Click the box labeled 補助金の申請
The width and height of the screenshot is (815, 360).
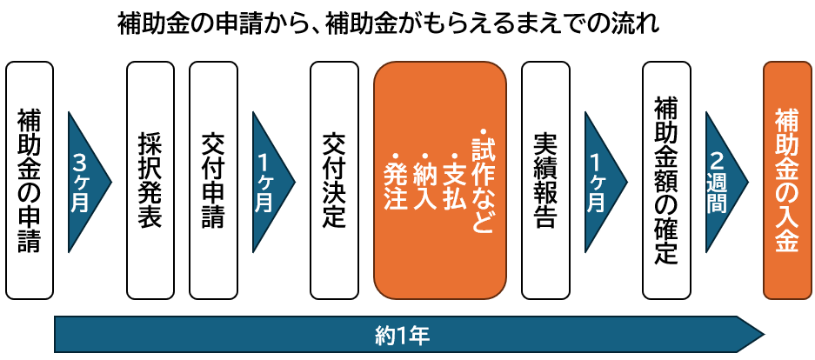pyautogui.click(x=30, y=180)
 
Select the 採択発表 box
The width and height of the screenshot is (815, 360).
pyautogui.click(x=150, y=180)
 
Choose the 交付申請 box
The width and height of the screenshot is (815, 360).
pyautogui.click(x=211, y=180)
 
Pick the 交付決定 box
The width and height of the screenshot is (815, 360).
pyautogui.click(x=334, y=180)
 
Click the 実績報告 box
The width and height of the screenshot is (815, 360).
pyautogui.click(x=544, y=180)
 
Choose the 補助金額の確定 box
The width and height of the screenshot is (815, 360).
pyautogui.click(x=665, y=180)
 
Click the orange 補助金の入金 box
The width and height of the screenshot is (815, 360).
pyautogui.click(x=785, y=180)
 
